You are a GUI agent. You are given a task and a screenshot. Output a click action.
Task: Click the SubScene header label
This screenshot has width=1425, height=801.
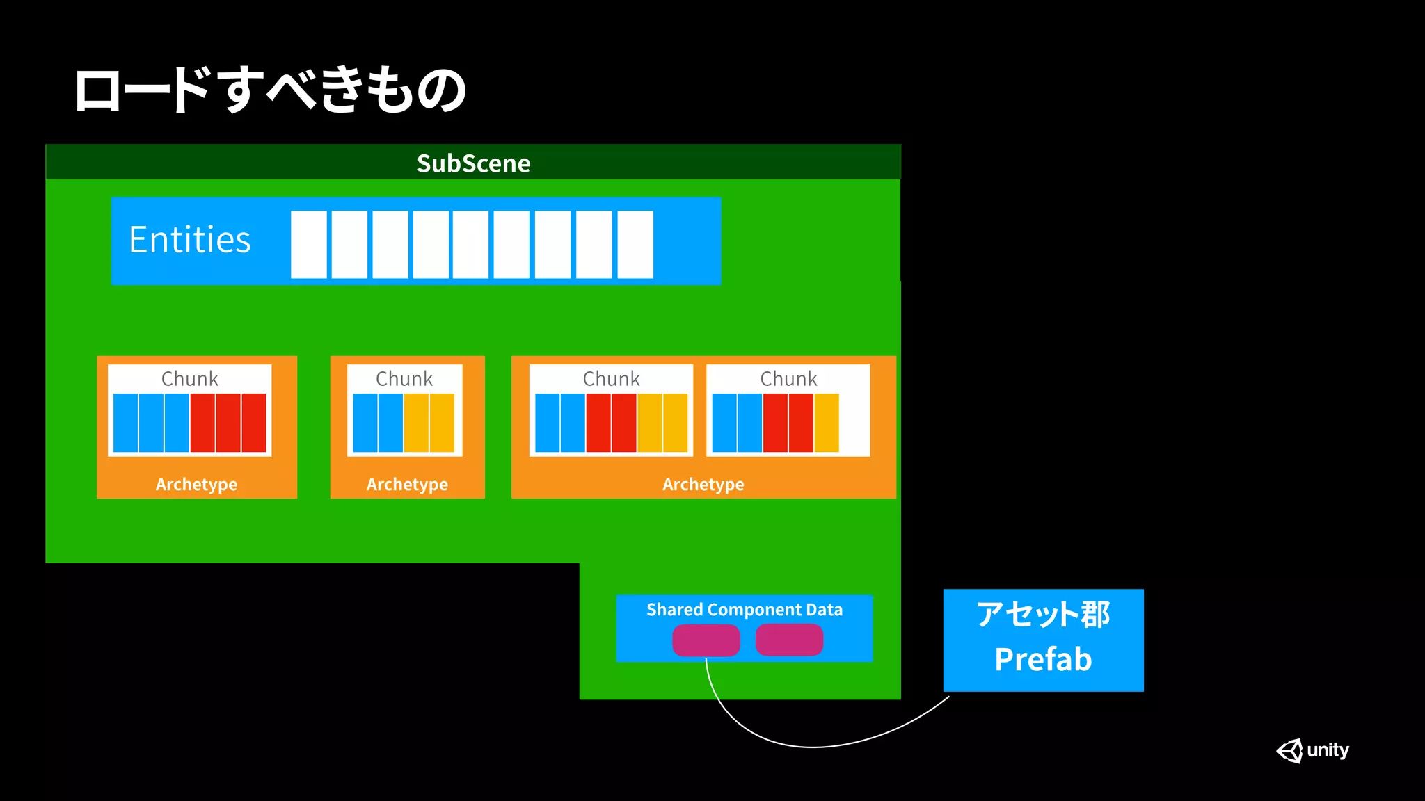point(473,163)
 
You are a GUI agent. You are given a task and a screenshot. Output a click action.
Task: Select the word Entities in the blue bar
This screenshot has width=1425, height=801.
point(189,240)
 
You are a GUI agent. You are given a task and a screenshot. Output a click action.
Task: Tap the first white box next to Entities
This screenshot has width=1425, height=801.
point(308,244)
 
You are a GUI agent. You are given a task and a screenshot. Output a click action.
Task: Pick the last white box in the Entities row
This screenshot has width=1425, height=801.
point(635,244)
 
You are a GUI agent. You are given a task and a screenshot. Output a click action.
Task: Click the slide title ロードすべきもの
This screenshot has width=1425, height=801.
point(270,90)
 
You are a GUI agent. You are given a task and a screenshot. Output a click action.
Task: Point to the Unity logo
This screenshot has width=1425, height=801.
point(1312,750)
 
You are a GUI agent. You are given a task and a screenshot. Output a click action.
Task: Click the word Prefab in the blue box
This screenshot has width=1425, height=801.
point(1042,659)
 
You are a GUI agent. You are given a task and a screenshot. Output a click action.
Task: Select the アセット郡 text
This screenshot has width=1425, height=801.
point(1042,614)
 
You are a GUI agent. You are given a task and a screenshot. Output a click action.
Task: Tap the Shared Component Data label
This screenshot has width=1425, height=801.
point(744,610)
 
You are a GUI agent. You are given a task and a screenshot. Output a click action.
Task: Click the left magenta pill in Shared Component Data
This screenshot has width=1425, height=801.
point(706,640)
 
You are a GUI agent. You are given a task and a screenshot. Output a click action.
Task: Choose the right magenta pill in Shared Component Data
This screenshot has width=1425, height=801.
point(789,640)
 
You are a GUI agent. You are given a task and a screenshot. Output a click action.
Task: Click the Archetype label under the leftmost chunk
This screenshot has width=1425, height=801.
point(196,484)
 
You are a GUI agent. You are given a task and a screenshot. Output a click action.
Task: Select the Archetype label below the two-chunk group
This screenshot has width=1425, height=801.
point(703,484)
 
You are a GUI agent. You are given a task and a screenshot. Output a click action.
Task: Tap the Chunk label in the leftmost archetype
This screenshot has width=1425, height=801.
point(189,379)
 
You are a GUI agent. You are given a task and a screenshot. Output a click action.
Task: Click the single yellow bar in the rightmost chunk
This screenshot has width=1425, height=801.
point(826,423)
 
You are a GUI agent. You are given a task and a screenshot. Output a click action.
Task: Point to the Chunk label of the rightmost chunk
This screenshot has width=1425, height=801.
point(788,379)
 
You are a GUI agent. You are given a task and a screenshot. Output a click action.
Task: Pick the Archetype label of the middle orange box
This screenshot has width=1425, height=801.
point(407,484)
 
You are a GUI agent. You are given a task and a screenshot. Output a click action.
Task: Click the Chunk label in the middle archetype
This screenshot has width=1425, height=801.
point(404,379)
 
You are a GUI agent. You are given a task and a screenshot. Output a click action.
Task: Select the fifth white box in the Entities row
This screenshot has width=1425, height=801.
point(471,244)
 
